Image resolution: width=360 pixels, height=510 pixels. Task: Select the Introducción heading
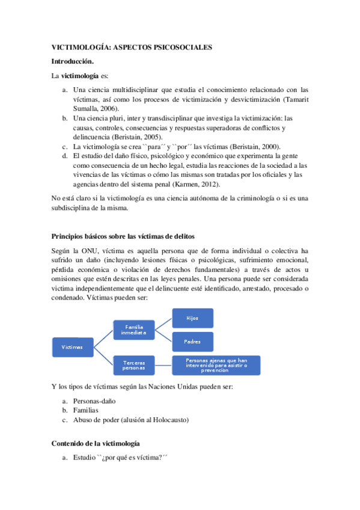(73, 61)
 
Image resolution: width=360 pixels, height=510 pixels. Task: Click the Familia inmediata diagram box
(134, 330)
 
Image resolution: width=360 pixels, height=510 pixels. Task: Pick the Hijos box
(192, 317)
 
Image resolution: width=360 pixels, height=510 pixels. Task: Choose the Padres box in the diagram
(192, 341)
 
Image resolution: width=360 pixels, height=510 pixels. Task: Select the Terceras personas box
(134, 365)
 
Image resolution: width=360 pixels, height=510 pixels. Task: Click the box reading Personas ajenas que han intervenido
(216, 364)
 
